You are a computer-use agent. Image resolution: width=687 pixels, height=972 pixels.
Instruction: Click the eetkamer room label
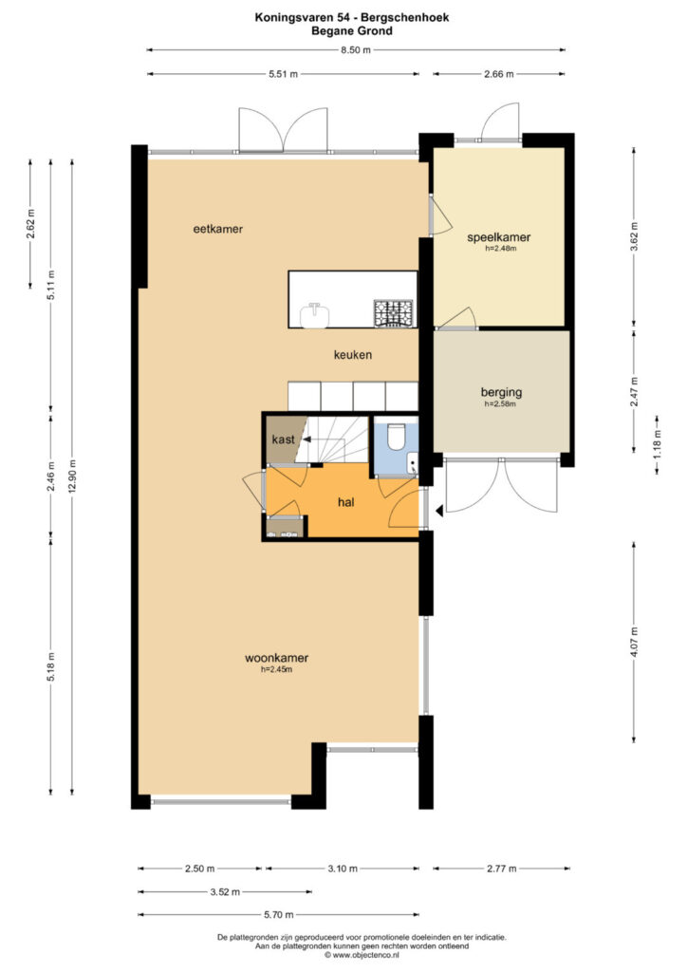[x=218, y=229]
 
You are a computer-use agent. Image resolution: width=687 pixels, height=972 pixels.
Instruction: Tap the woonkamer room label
[x=276, y=659]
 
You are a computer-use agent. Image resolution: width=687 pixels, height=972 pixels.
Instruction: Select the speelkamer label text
[x=499, y=237]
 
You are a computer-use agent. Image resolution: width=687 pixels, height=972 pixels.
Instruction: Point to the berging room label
[x=501, y=392]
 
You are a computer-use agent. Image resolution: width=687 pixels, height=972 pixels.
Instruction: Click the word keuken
[x=353, y=355]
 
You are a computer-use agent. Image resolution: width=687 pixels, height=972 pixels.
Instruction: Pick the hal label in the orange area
[x=346, y=502]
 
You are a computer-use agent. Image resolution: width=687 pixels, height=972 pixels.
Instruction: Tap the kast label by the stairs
[x=283, y=439]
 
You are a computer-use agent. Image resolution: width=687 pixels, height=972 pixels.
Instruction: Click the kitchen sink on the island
[x=315, y=315]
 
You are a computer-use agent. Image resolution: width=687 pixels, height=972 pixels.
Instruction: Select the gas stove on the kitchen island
[x=393, y=312]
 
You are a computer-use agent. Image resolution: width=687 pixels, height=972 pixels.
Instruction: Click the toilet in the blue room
[x=395, y=435]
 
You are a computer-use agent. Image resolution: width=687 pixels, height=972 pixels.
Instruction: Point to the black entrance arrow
[x=438, y=511]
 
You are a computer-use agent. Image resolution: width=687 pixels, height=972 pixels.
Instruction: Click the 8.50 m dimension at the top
[x=356, y=50]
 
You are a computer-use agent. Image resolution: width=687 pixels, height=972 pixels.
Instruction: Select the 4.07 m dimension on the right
[x=633, y=643]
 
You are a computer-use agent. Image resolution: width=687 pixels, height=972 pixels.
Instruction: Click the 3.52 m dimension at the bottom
[x=225, y=892]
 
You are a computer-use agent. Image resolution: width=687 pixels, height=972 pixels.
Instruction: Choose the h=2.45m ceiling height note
[x=276, y=669]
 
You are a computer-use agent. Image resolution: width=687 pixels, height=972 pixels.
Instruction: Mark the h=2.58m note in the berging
[x=500, y=403]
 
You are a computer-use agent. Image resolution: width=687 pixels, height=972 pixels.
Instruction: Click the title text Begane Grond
[x=352, y=30]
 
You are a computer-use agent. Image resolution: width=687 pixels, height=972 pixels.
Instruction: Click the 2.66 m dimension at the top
[x=499, y=74]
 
